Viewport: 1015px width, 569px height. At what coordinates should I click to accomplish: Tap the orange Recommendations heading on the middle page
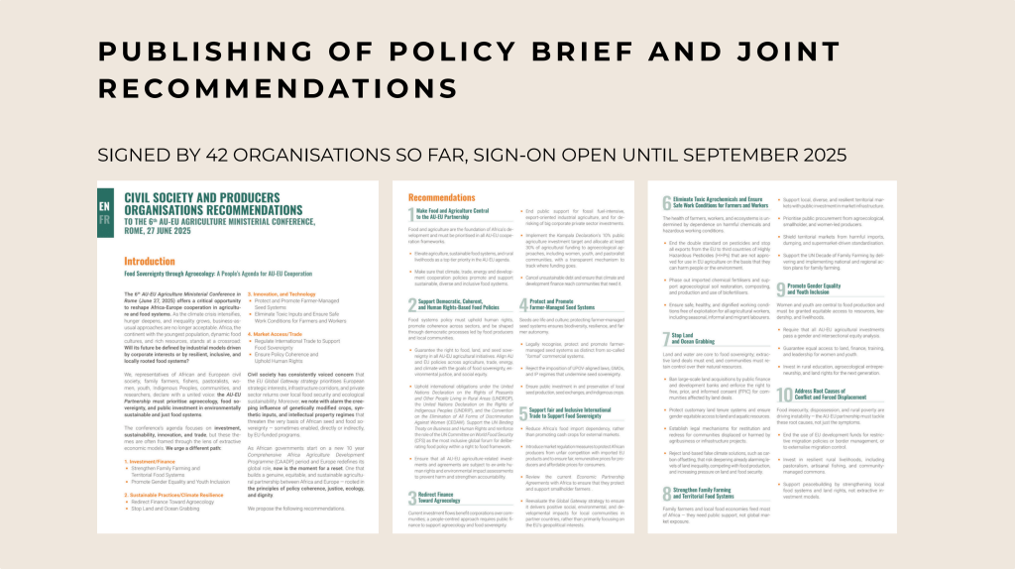pos(442,198)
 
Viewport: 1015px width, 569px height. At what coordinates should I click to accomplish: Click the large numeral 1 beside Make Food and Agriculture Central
pos(411,216)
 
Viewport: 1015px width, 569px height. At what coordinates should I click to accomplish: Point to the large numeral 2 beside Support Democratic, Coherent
pos(411,302)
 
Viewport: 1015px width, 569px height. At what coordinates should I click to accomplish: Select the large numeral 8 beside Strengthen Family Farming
pos(667,493)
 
